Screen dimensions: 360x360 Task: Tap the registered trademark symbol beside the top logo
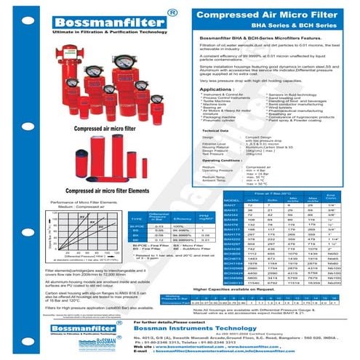[x=170, y=11]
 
